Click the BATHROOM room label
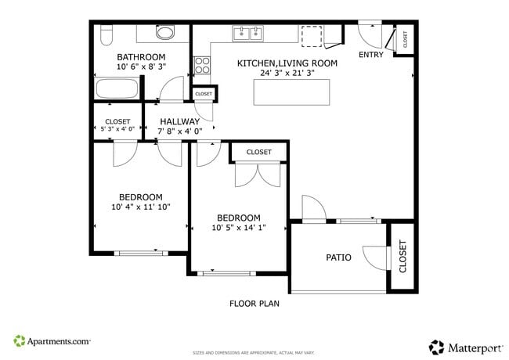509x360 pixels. pyautogui.click(x=141, y=57)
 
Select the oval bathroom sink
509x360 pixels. pyautogui.click(x=165, y=33)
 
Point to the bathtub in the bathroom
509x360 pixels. pyautogui.click(x=116, y=88)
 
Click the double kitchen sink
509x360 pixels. pyautogui.click(x=249, y=33)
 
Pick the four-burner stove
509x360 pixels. pyautogui.click(x=201, y=66)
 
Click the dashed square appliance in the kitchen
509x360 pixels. pyautogui.click(x=312, y=36)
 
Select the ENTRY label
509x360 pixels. pyautogui.click(x=371, y=55)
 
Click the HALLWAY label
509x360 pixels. pyautogui.click(x=180, y=122)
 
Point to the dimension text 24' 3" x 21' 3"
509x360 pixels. pyautogui.click(x=287, y=73)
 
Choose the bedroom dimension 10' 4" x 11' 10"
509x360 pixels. pyautogui.click(x=141, y=207)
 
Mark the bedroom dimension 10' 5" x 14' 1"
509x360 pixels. pyautogui.click(x=239, y=228)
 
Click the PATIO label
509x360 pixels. pyautogui.click(x=338, y=257)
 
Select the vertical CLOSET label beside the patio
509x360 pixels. pyautogui.click(x=403, y=257)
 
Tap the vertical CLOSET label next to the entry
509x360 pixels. pyautogui.click(x=405, y=38)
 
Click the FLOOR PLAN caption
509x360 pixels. pyautogui.click(x=254, y=304)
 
